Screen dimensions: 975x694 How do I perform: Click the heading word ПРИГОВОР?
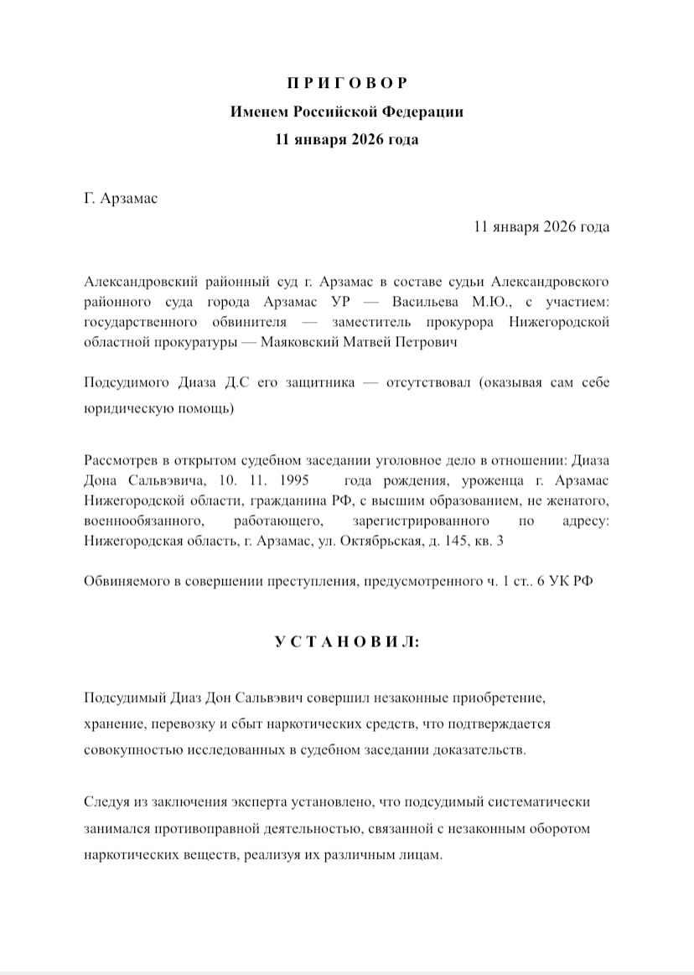(x=346, y=83)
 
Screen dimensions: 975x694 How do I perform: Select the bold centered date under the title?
(x=346, y=139)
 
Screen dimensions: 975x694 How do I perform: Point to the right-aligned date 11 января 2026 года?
(x=541, y=227)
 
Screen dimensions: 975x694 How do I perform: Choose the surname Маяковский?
(x=308, y=342)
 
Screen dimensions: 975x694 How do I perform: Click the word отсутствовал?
(x=427, y=384)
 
